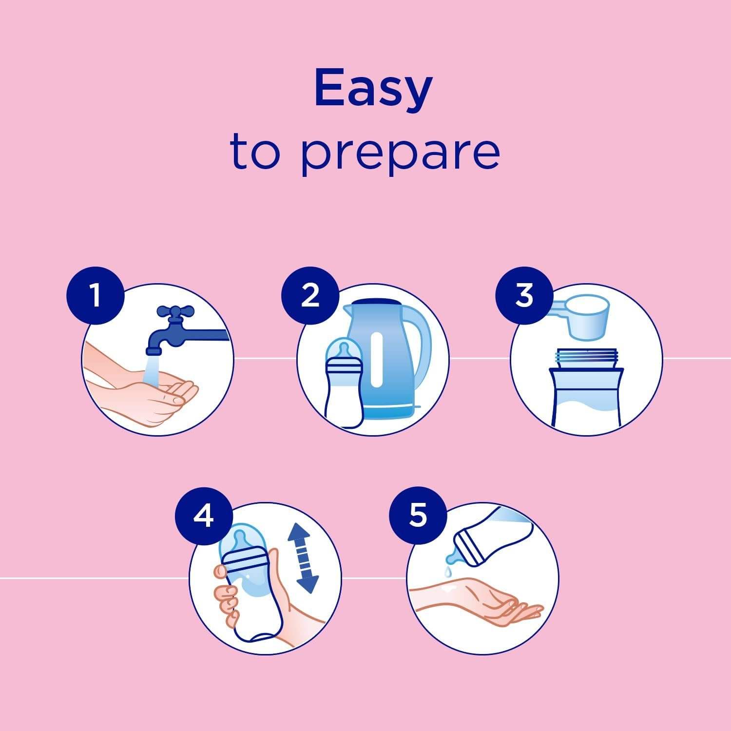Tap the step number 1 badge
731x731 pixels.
pos(96,295)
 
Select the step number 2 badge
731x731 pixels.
pos(310,295)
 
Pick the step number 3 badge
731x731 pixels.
pos(524,295)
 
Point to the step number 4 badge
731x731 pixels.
pos(204,515)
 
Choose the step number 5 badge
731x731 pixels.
pos(418,515)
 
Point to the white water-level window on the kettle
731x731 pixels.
pos(376,360)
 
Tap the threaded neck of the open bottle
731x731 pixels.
pos(587,359)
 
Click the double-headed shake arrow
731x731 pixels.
pos(303,558)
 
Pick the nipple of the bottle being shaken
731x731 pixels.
pos(240,539)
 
